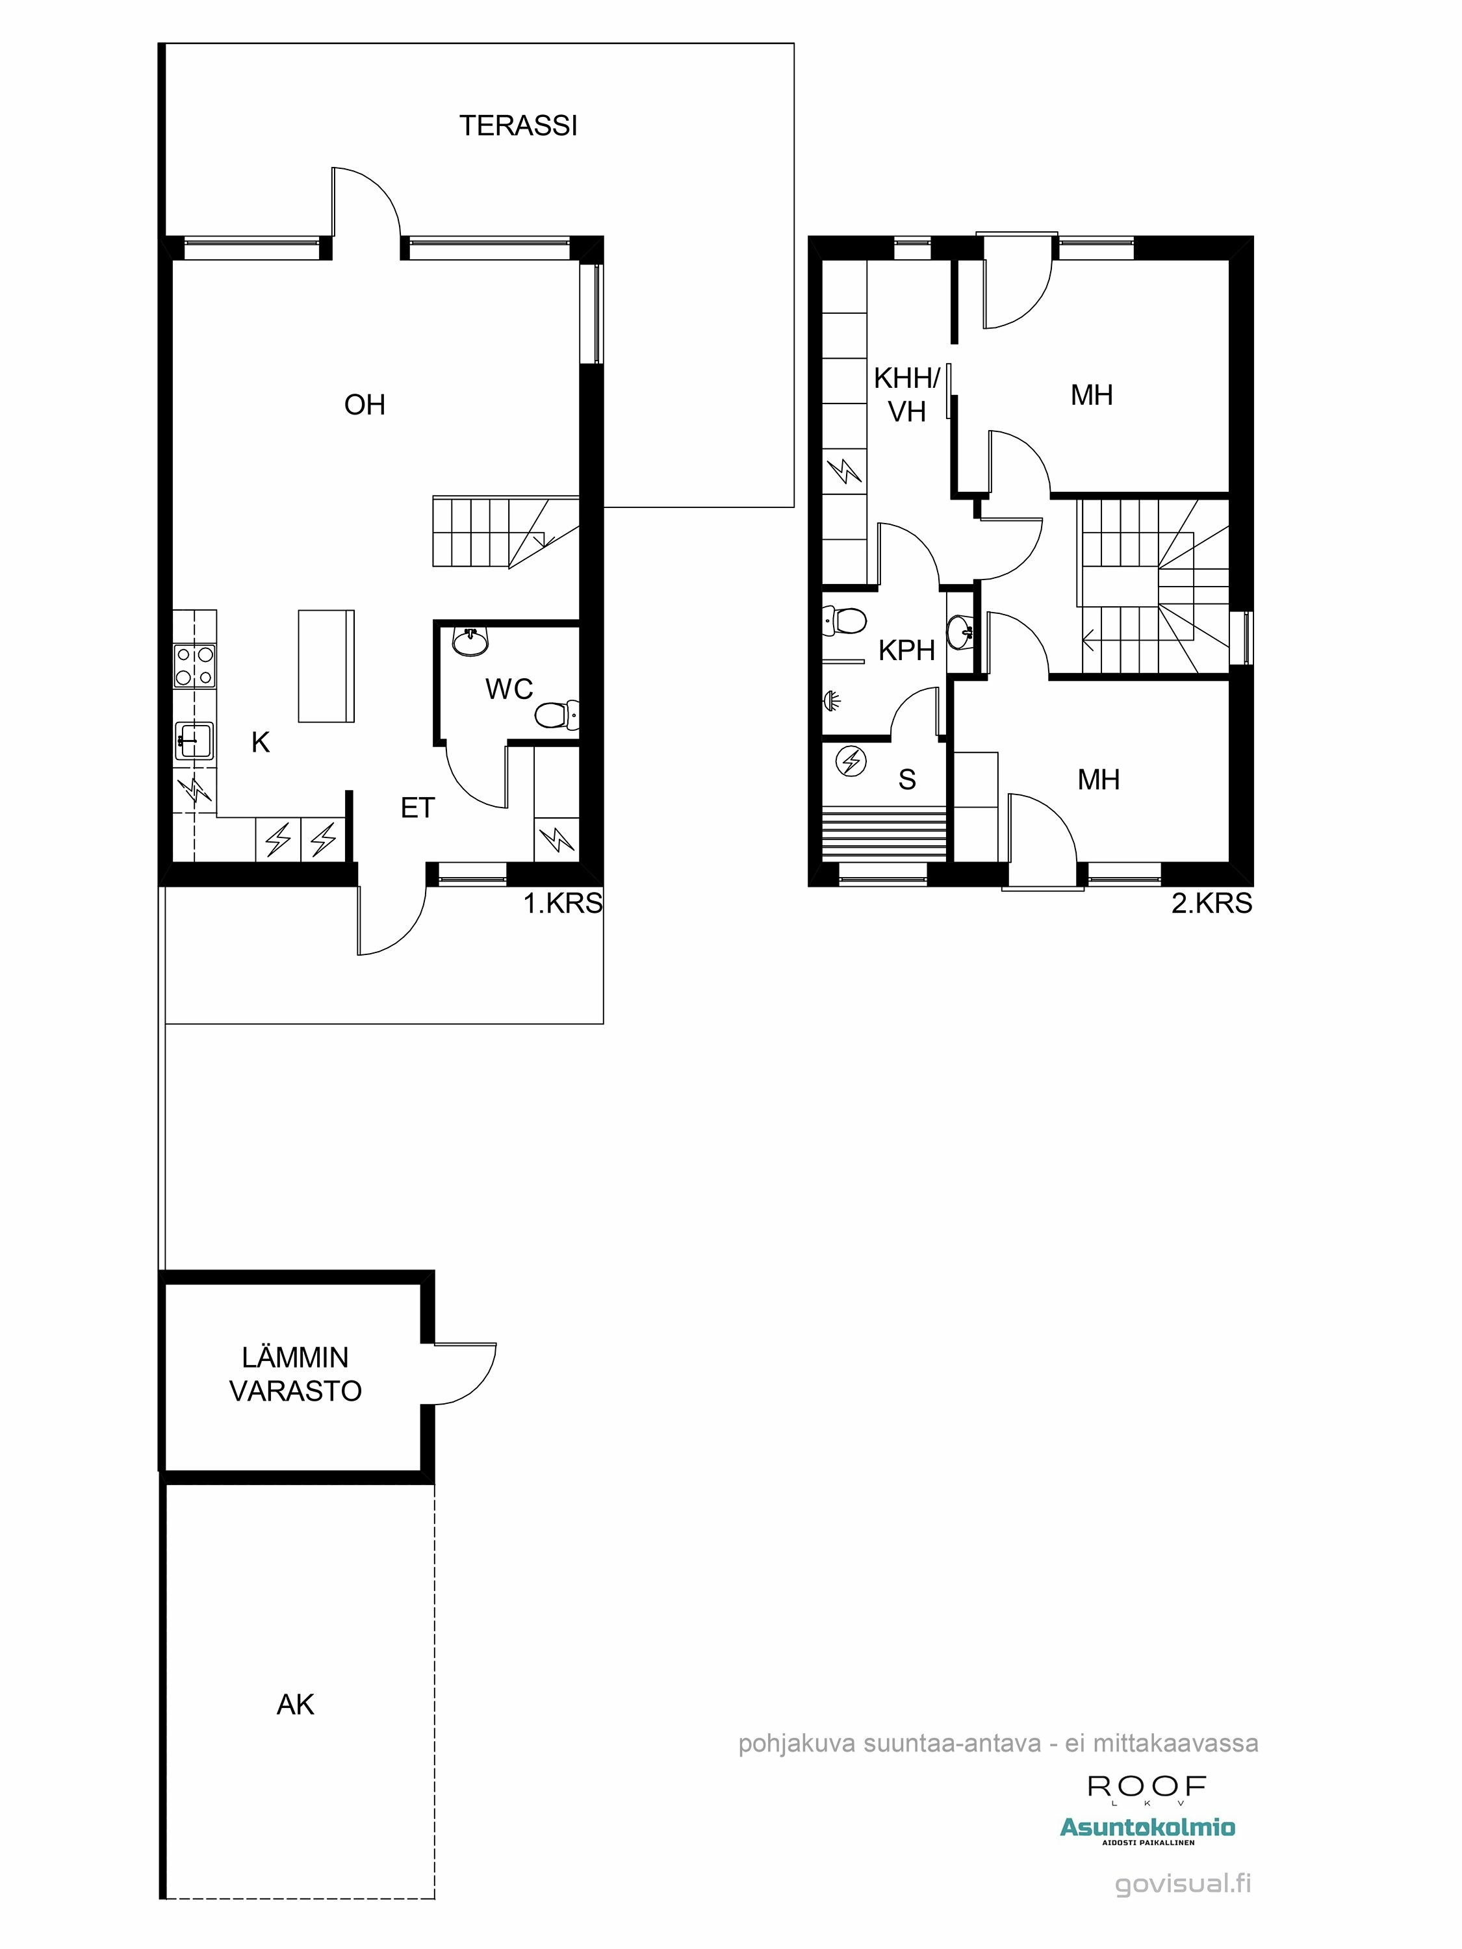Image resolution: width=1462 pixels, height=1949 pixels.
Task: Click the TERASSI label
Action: (x=518, y=126)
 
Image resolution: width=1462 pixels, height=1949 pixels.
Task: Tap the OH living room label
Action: (x=365, y=405)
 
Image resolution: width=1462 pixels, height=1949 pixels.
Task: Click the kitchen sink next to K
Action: (x=193, y=740)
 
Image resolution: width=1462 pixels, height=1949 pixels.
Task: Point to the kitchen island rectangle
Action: (x=326, y=666)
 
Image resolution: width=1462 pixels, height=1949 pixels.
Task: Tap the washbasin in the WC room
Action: (x=470, y=641)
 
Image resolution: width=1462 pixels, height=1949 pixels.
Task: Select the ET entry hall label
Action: (x=417, y=808)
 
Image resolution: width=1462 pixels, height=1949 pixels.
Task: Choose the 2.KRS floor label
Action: (x=1211, y=903)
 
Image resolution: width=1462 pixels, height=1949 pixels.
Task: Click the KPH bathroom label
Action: (x=906, y=650)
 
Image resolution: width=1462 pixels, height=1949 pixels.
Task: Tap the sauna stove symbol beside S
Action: (x=851, y=761)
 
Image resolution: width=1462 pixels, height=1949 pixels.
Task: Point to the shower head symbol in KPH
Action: (x=831, y=700)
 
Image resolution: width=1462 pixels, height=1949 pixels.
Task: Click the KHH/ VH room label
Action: (x=907, y=395)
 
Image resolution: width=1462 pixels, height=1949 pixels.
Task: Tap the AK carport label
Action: (x=295, y=1705)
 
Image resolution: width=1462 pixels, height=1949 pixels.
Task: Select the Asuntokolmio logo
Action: (x=1146, y=1828)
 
